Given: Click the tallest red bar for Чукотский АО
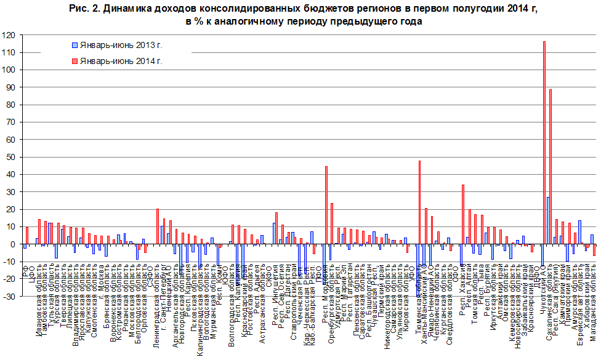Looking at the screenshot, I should tap(544, 142).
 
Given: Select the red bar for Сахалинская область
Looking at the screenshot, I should tap(551, 167).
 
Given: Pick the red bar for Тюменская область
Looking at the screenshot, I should tap(419, 202).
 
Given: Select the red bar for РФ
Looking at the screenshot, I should tap(27, 236).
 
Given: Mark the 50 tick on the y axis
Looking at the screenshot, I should tap(10, 158).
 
